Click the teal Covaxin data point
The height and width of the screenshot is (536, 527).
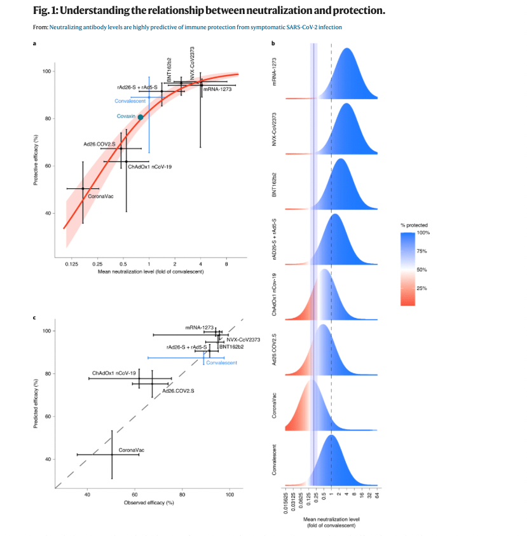[x=140, y=117]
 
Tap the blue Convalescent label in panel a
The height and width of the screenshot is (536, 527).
[x=131, y=101]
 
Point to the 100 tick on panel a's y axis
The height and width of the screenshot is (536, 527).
[x=47, y=71]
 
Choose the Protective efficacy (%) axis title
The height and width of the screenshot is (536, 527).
[x=36, y=158]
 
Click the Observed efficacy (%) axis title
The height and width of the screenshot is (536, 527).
[x=149, y=503]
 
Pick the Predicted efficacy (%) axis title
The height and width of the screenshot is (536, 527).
[x=36, y=404]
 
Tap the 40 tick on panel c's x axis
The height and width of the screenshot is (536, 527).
[x=87, y=493]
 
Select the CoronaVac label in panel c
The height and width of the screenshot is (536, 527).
[x=132, y=450]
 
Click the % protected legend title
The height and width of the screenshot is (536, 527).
[x=414, y=225]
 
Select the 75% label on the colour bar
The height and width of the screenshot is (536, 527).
[x=421, y=251]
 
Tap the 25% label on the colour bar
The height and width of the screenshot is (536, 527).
[x=421, y=288]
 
